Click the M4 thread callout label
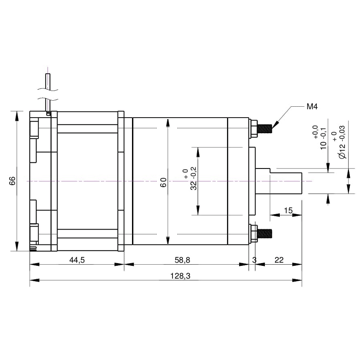click(x=312, y=107)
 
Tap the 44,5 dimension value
click(x=77, y=260)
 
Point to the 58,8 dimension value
click(x=183, y=260)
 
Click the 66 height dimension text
click(x=12, y=181)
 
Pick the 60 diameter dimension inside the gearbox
click(x=163, y=182)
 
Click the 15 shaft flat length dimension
click(x=289, y=210)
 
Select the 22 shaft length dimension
click(x=279, y=260)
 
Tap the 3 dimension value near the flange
click(x=254, y=260)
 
